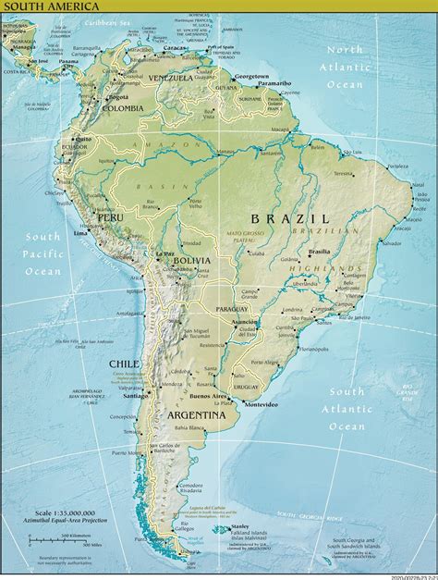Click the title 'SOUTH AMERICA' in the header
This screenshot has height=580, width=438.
(38, 6)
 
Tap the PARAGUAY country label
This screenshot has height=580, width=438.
(229, 307)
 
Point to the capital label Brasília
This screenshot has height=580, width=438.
(321, 251)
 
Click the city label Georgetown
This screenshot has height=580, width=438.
(250, 76)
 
